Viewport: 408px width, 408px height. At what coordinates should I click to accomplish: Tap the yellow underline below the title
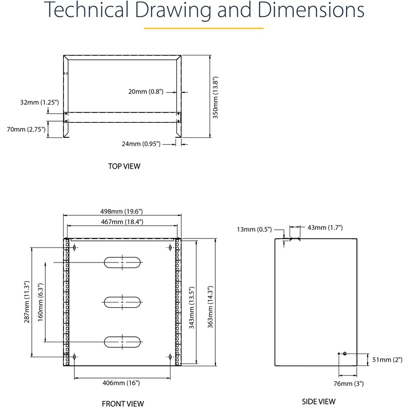click(204, 28)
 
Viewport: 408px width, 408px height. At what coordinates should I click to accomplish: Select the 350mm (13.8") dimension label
click(216, 97)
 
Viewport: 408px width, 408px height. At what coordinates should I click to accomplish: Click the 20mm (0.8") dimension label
click(146, 92)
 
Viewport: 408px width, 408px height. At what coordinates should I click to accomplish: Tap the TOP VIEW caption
click(124, 166)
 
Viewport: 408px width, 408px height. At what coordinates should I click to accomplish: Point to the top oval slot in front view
click(122, 262)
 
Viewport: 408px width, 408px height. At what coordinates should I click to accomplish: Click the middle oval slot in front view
click(122, 302)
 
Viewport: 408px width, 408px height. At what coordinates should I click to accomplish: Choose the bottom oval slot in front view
click(122, 341)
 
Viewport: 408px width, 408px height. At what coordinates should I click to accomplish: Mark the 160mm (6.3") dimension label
click(41, 302)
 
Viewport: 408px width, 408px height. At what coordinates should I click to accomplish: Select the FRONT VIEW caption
click(123, 403)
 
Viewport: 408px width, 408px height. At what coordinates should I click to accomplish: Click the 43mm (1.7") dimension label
click(325, 228)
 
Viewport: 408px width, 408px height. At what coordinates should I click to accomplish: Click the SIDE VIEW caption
click(319, 401)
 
